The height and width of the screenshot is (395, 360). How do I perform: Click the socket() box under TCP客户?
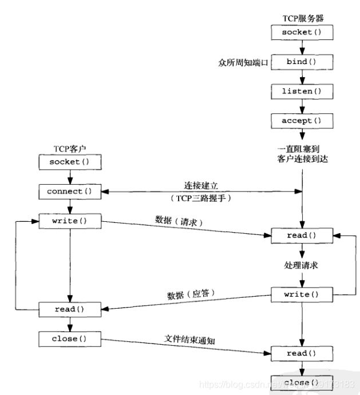tap(69, 162)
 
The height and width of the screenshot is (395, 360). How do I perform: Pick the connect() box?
tap(69, 191)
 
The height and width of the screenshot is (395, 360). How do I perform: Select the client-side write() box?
tap(69, 220)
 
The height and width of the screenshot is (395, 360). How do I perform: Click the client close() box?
tap(69, 338)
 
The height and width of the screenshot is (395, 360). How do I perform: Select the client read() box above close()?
tap(69, 309)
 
